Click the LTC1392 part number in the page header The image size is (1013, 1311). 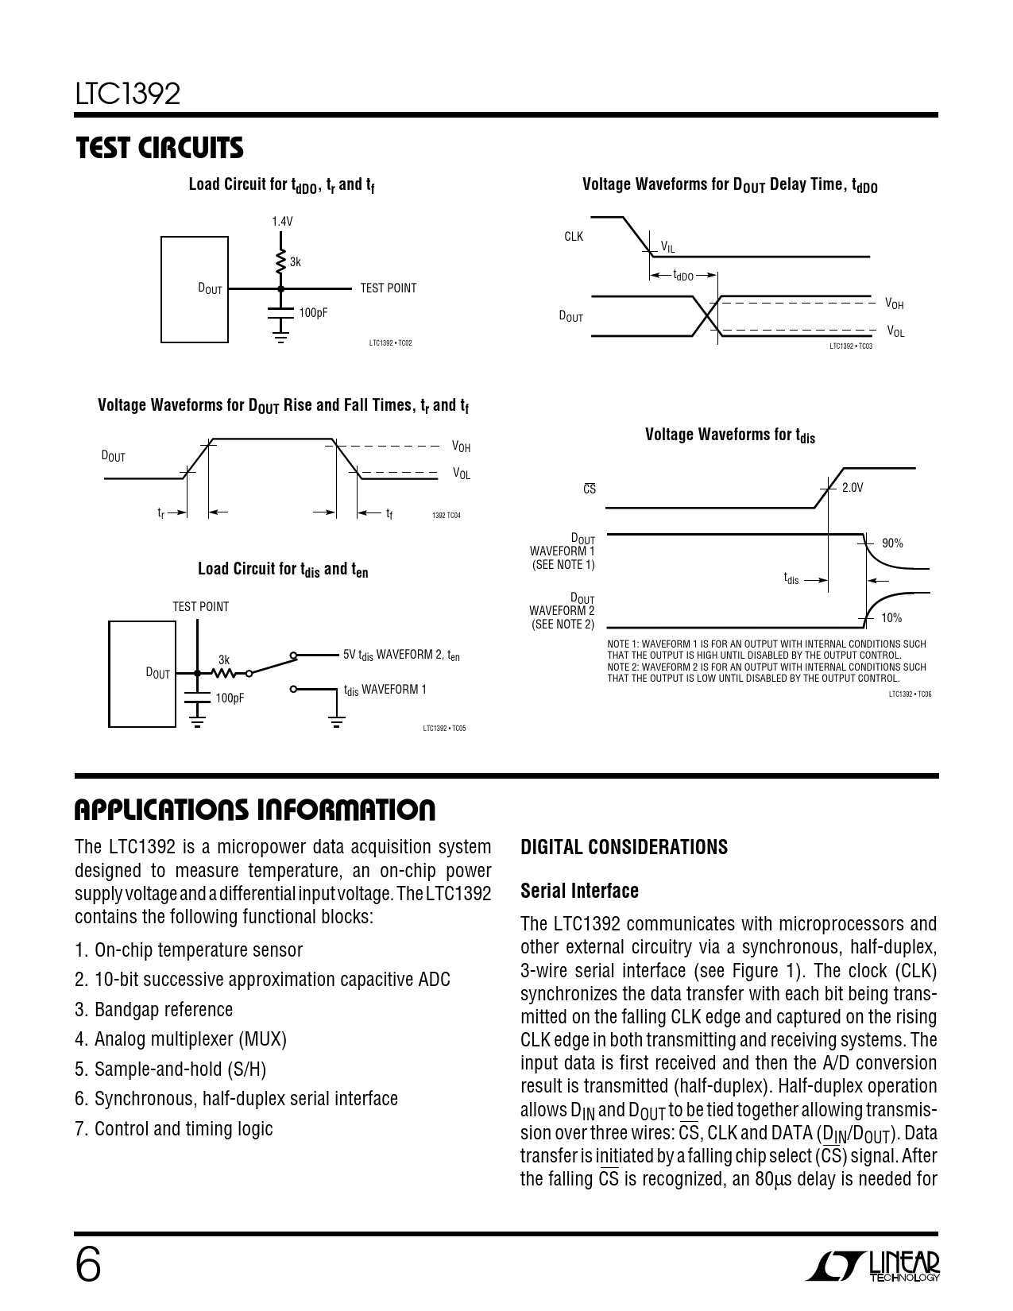tap(128, 95)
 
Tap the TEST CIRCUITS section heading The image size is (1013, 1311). tap(159, 148)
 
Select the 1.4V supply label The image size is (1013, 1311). tap(282, 222)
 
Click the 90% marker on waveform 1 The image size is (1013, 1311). tap(892, 543)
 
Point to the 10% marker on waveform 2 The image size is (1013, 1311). tap(891, 618)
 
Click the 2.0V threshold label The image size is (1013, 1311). tap(853, 488)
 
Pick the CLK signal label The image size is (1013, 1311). tap(574, 237)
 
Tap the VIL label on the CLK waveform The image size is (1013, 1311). tap(668, 248)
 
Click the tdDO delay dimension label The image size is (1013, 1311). tap(683, 276)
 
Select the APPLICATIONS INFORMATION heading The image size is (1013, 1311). tap(255, 810)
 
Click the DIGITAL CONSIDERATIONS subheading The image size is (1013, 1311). tap(624, 847)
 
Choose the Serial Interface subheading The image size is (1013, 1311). tap(579, 891)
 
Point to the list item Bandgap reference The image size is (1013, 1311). tap(154, 1010)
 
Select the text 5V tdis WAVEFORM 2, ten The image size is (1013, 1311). tap(401, 655)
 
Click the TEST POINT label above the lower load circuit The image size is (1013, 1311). tap(201, 607)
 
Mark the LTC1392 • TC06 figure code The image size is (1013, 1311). tap(910, 694)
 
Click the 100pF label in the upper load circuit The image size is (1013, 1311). tap(313, 313)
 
